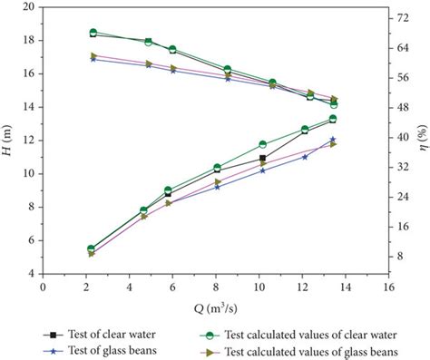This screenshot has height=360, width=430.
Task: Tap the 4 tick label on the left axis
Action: [x=32, y=273]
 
